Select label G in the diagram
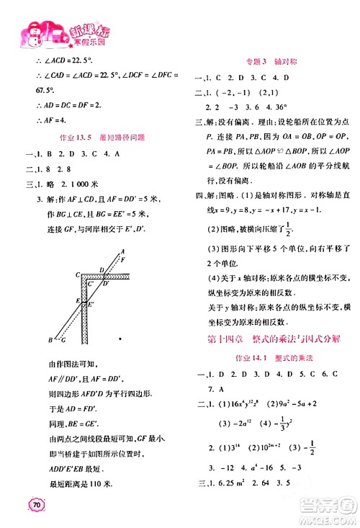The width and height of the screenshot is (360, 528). pos(63,339)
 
